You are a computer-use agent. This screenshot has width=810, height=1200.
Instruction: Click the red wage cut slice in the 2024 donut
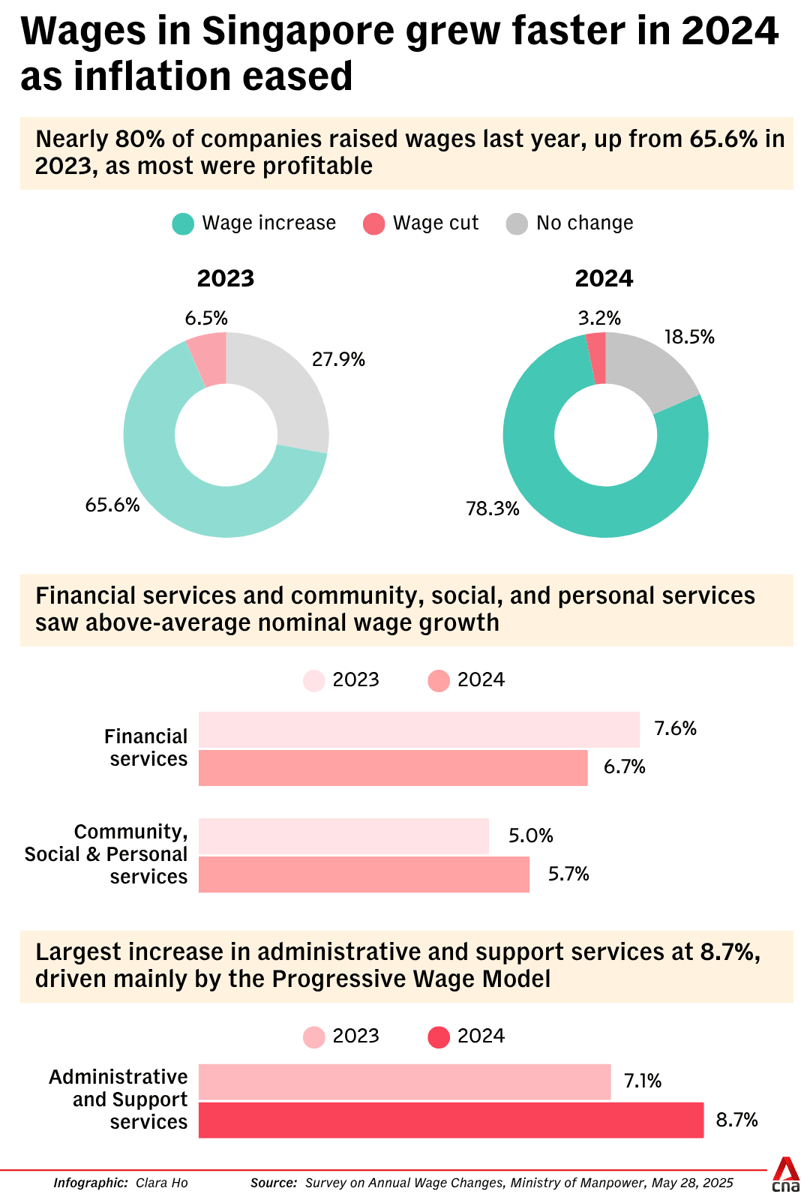[596, 358]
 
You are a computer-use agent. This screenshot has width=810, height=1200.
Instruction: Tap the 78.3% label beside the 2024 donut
[493, 508]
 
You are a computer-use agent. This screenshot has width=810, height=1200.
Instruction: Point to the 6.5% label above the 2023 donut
[206, 318]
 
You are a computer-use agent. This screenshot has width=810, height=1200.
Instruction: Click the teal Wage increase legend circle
[183, 223]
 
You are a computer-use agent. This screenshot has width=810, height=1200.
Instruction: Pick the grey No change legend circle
[517, 223]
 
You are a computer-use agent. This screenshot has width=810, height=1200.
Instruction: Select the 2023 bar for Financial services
[418, 730]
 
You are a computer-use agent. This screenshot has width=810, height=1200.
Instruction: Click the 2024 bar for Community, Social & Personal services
[364, 874]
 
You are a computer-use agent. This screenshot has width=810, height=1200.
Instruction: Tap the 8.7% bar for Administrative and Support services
[451, 1120]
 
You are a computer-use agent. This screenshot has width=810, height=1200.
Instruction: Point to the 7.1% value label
[643, 1081]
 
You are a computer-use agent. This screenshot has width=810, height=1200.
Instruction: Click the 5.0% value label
[531, 835]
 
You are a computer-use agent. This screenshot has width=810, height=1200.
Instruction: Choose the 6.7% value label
[625, 766]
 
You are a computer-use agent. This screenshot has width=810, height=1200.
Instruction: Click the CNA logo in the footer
[785, 1174]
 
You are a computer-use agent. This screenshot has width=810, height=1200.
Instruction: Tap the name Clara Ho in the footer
[162, 1183]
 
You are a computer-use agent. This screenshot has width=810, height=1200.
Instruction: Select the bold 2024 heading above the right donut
[604, 278]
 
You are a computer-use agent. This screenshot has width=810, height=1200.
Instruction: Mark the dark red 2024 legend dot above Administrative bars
[439, 1037]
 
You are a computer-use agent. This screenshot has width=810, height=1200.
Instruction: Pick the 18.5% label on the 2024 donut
[689, 337]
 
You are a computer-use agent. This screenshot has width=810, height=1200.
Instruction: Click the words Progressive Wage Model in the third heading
[411, 979]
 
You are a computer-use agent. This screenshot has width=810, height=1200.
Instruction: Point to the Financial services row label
[147, 748]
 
